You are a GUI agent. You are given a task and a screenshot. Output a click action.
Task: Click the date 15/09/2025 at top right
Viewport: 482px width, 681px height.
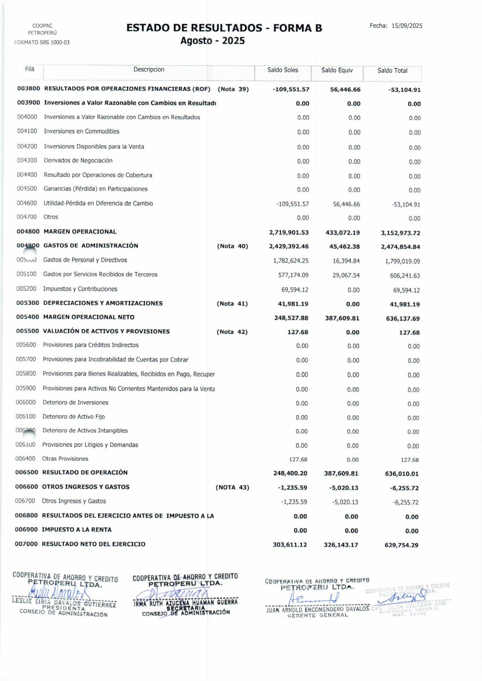click(407, 26)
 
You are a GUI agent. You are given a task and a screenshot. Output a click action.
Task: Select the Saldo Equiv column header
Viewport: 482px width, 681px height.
click(337, 70)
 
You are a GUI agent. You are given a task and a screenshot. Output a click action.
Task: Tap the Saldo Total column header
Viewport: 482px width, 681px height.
click(392, 70)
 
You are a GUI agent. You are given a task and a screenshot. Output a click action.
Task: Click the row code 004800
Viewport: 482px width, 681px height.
click(28, 231)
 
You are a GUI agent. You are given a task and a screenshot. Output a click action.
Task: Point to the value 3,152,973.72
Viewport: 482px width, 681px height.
click(400, 233)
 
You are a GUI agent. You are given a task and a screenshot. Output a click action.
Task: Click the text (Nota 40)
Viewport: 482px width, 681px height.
click(232, 246)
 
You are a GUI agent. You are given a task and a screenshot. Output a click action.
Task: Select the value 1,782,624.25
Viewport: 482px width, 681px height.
click(291, 261)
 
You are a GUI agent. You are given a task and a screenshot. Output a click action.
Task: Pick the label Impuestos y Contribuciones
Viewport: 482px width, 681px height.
click(80, 289)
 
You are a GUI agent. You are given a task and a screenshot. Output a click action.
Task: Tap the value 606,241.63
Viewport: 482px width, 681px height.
click(405, 275)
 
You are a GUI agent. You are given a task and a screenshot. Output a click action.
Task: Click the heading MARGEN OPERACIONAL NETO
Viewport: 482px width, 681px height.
click(89, 317)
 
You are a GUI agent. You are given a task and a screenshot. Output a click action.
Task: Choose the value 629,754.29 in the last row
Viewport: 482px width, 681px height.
click(401, 545)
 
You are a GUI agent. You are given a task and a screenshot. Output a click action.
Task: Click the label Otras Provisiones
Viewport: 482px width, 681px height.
click(65, 458)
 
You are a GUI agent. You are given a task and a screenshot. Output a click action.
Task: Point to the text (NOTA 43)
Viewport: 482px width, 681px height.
click(232, 487)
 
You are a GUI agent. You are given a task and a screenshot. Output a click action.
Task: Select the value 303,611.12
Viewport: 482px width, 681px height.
click(290, 544)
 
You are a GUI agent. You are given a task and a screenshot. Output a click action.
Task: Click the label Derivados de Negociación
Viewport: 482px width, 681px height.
click(78, 160)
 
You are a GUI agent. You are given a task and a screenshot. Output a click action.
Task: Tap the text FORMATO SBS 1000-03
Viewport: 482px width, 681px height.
click(42, 43)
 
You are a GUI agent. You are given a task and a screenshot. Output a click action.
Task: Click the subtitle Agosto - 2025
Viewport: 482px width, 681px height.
click(212, 41)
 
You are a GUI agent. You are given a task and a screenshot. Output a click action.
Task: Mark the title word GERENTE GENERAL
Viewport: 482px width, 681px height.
click(317, 615)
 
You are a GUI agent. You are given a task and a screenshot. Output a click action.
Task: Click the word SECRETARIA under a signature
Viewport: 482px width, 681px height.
click(185, 608)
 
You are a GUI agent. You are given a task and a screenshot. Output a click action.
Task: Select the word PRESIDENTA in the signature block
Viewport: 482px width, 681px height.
click(64, 608)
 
